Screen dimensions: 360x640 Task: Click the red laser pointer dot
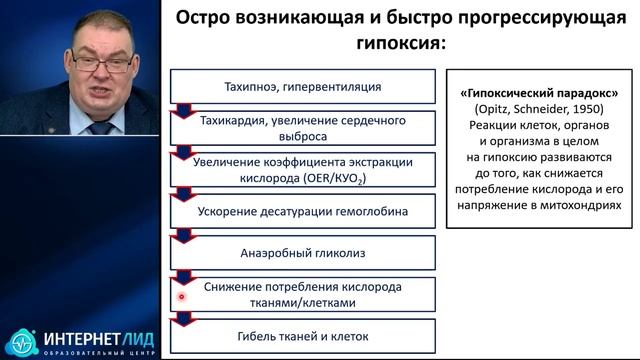pyautogui.click(x=182, y=296)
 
